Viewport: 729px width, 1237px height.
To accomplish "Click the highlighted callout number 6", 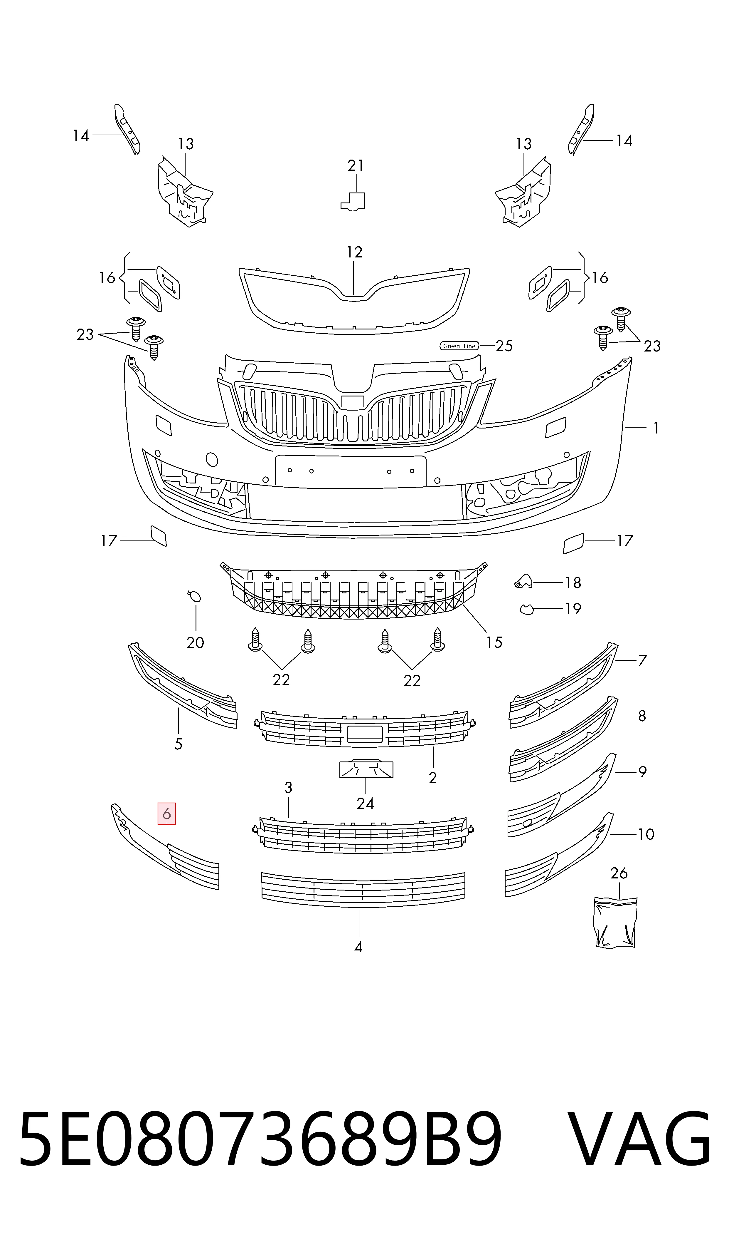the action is tap(166, 814).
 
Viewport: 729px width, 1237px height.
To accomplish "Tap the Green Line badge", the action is tap(459, 346).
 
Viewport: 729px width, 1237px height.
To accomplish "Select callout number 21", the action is tap(356, 166).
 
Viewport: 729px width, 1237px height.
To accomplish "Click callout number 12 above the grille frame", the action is tap(354, 252).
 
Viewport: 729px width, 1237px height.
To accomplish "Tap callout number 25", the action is tap(504, 346).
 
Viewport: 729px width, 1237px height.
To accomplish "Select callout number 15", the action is tap(494, 642).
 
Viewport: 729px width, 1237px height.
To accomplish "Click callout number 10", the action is tap(646, 834).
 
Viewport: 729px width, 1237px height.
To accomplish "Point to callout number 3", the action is tap(288, 788).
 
